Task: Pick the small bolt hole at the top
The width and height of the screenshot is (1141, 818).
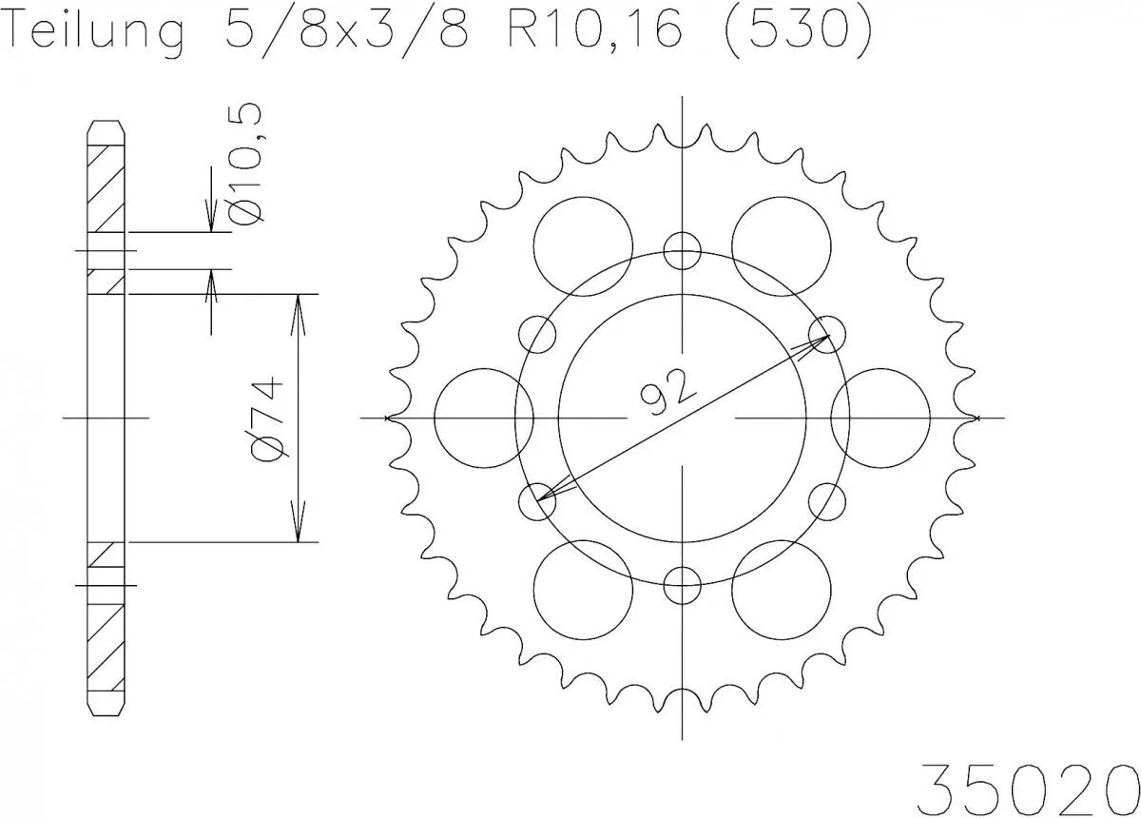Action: [682, 250]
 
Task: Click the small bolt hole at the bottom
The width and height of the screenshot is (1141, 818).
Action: [682, 585]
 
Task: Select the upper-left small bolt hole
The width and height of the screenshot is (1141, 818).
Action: [537, 334]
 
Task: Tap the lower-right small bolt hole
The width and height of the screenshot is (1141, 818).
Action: [826, 501]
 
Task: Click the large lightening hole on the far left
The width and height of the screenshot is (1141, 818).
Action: [483, 418]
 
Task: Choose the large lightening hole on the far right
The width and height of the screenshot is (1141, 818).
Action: [880, 418]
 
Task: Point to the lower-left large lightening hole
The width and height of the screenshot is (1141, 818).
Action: [583, 590]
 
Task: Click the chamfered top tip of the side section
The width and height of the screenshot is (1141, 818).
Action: [106, 125]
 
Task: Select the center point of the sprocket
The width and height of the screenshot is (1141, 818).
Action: [682, 418]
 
